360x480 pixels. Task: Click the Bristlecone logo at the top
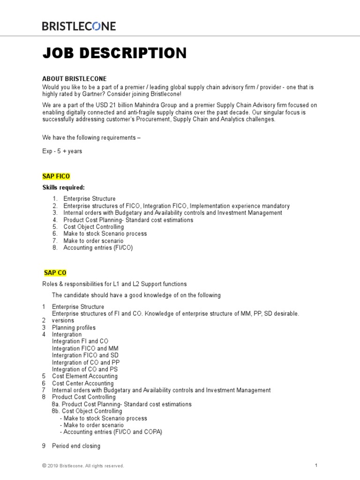79,26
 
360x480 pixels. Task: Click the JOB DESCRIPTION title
114,53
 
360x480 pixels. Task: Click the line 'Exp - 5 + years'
62,151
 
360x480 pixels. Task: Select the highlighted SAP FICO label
56,176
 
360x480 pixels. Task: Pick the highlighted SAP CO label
55,272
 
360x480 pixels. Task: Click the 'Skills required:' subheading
64,188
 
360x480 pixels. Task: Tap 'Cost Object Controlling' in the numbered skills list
94,227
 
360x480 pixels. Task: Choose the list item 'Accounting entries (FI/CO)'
98,247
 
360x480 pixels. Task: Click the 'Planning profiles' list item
74,328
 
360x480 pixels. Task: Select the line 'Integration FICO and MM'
85,348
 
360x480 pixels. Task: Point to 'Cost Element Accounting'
85,376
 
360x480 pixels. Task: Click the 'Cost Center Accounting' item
83,383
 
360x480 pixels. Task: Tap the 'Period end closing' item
76,446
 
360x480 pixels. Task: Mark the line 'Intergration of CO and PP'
81,362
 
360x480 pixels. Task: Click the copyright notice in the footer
83,466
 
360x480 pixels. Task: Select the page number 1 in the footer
317,465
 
